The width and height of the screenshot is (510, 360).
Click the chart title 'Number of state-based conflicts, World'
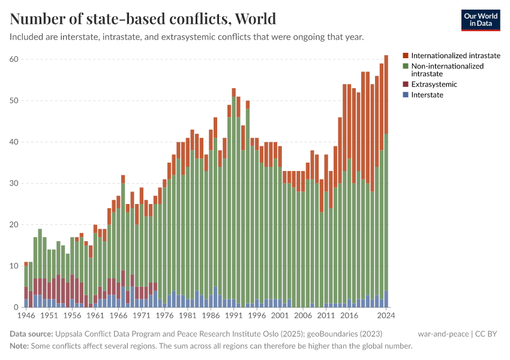[x=143, y=19]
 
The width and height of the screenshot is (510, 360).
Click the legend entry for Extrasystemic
[x=434, y=85]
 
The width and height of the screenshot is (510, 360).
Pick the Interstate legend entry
[x=427, y=95]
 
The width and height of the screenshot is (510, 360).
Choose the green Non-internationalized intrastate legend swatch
[x=406, y=66]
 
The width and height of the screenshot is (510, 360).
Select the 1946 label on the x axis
[x=26, y=315]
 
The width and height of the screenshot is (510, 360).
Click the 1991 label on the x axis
[x=233, y=315]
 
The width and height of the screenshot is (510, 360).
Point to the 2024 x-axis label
[x=386, y=315]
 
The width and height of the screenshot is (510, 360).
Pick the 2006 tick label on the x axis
[x=303, y=315]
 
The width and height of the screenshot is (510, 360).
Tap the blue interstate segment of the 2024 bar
[x=386, y=299]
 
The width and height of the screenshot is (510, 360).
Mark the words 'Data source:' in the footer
[x=31, y=334]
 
